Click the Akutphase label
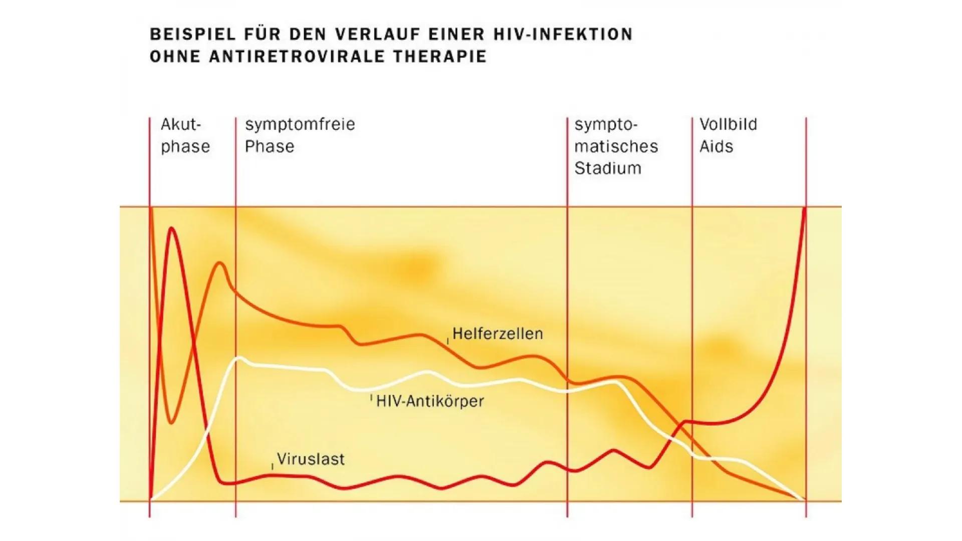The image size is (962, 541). [x=184, y=135]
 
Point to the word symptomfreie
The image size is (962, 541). [x=300, y=124]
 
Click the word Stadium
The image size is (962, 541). [x=607, y=168]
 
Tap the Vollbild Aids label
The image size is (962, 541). [x=728, y=135]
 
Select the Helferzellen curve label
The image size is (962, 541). [x=497, y=334]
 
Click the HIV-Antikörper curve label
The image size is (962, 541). [x=430, y=401]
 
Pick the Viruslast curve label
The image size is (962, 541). [x=311, y=459]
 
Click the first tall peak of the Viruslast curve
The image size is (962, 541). [x=172, y=228]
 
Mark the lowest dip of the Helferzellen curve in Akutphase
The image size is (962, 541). [x=171, y=423]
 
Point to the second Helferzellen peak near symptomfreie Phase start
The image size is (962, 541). [x=220, y=263]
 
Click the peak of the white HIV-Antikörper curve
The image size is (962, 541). [x=239, y=358]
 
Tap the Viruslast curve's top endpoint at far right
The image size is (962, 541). [x=805, y=208]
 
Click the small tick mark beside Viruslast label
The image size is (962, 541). [x=273, y=466]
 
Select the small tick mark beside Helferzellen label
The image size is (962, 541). [x=447, y=341]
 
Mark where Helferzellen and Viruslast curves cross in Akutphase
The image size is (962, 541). [x=193, y=344]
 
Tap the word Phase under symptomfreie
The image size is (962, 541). [x=269, y=147]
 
